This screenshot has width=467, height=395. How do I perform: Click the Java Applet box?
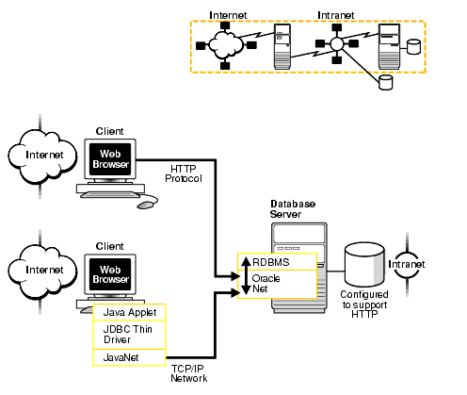[x=129, y=312]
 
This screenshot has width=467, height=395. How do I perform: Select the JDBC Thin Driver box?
[x=129, y=335]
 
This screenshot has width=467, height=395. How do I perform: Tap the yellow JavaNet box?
[x=129, y=357]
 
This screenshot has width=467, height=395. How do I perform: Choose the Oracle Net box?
[x=271, y=284]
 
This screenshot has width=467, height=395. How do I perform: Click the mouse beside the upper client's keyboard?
[x=147, y=203]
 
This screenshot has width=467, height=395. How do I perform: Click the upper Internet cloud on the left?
[x=44, y=155]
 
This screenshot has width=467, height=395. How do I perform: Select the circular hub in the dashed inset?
[x=335, y=44]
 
